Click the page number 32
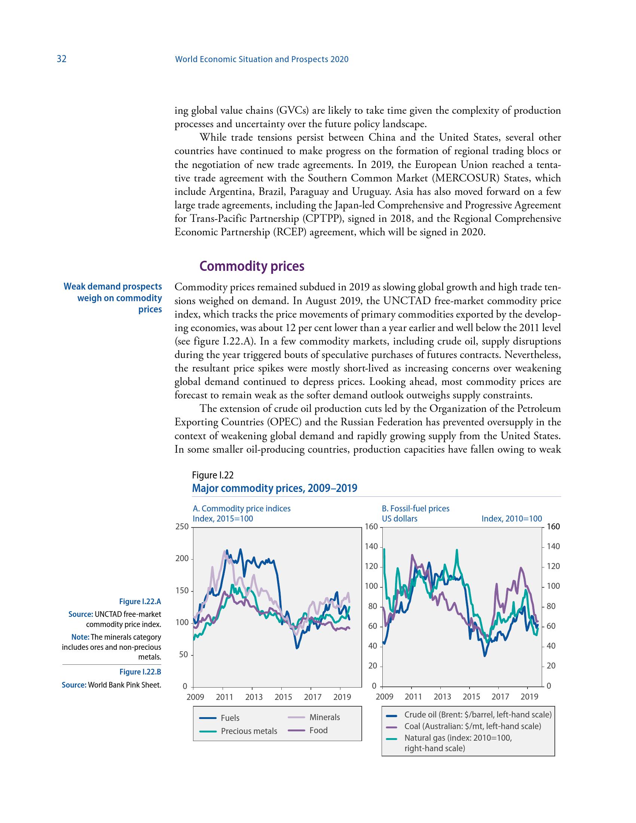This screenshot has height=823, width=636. pyautogui.click(x=61, y=59)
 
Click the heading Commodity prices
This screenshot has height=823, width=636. pyautogui.click(x=251, y=266)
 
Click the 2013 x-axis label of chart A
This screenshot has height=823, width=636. pyautogui.click(x=254, y=697)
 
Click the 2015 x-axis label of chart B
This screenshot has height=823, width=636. pyautogui.click(x=471, y=697)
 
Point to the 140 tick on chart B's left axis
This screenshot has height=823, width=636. pyautogui.click(x=371, y=547)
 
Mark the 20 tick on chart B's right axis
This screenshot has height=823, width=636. pyautogui.click(x=551, y=666)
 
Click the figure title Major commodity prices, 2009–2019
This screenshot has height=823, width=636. pyautogui.click(x=274, y=488)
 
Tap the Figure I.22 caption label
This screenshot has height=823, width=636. pyautogui.click(x=212, y=475)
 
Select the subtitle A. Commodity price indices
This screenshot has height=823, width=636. pyautogui.click(x=242, y=508)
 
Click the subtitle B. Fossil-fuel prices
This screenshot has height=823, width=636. pyautogui.click(x=415, y=508)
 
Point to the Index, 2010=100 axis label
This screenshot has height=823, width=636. pyautogui.click(x=511, y=518)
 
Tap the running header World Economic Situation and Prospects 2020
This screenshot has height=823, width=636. pyautogui.click(x=262, y=59)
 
